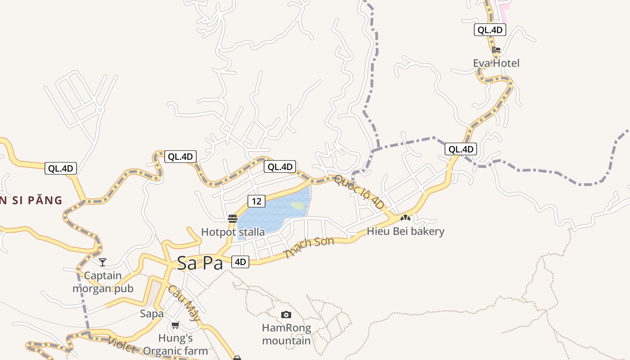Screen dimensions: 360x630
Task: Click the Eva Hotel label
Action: pyautogui.click(x=496, y=63)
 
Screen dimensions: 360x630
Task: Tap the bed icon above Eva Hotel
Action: pyautogui.click(x=496, y=49)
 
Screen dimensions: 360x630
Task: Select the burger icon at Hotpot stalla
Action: pyautogui.click(x=233, y=219)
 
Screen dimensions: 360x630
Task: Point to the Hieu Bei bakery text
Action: pyautogui.click(x=405, y=231)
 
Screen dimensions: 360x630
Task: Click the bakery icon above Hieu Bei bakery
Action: pyautogui.click(x=405, y=218)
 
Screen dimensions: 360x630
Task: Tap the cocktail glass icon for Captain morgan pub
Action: pyautogui.click(x=103, y=262)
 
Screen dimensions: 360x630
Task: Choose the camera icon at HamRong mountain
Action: pyautogui.click(x=286, y=315)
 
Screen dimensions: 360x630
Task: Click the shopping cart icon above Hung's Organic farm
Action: pyautogui.click(x=175, y=325)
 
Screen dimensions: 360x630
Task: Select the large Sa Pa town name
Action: pyautogui.click(x=200, y=263)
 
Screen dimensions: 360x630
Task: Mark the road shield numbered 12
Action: pyautogui.click(x=256, y=201)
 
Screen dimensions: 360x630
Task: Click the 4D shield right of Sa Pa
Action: pyautogui.click(x=240, y=261)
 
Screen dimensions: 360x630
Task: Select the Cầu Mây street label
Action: pyautogui.click(x=184, y=303)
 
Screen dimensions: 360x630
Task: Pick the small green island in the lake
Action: pyautogui.click(x=297, y=206)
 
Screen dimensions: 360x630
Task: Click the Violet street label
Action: pyautogui.click(x=121, y=344)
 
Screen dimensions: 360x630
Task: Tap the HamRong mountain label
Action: pyautogui.click(x=286, y=334)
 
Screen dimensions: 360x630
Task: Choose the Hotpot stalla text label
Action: pyautogui.click(x=233, y=232)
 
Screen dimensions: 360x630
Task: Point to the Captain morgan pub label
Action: pyautogui.click(x=103, y=282)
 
